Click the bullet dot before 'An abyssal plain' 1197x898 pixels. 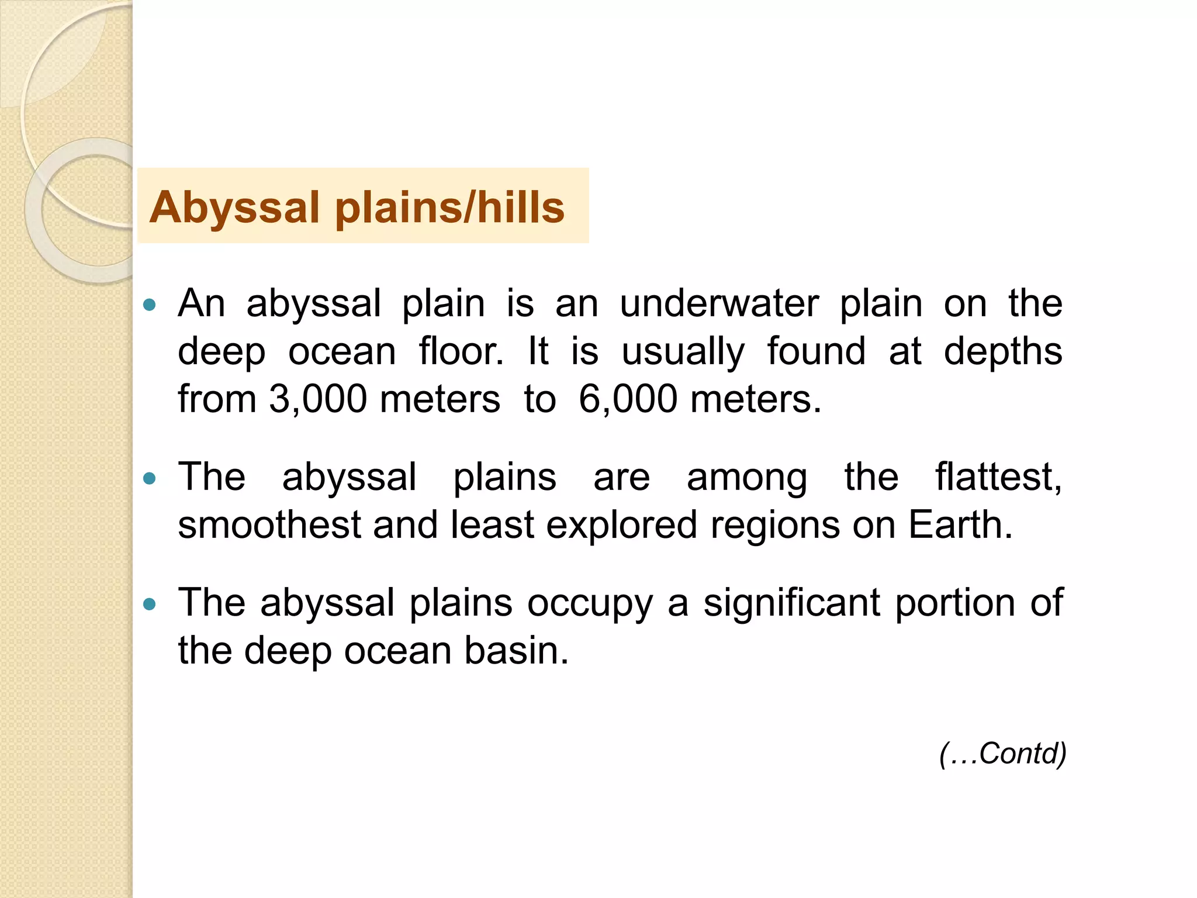pos(150,305)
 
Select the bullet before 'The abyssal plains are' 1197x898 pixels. pos(150,479)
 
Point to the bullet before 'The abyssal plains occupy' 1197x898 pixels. pos(150,604)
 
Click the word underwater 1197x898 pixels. pos(719,303)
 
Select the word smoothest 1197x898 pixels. pos(269,524)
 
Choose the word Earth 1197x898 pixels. pos(960,524)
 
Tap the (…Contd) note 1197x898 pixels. pos(1003,753)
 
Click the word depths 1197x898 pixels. pos(1003,351)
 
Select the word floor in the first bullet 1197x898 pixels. pos(461,351)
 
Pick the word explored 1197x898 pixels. pos(622,524)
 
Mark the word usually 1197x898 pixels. pos(683,353)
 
